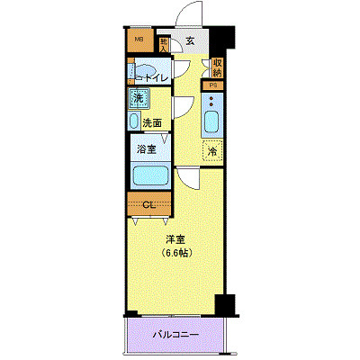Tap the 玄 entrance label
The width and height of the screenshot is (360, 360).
pos(191,40)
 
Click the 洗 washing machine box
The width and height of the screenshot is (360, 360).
pos(139,97)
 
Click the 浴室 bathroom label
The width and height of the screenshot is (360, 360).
pos(148,149)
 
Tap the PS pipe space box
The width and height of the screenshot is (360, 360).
pos(214,85)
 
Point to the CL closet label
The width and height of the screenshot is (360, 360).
pos(148,203)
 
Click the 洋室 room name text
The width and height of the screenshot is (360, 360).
pos(175,238)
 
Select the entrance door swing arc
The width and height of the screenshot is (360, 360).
pos(187,16)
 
